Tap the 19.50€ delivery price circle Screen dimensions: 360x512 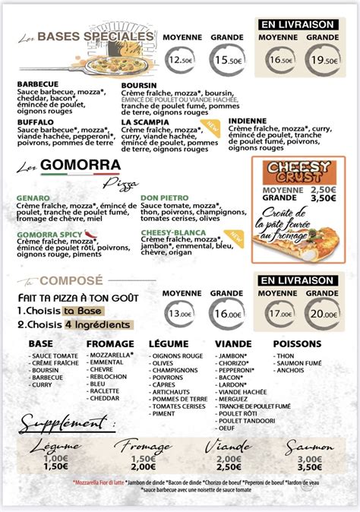click(323, 60)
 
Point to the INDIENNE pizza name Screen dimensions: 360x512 click(248, 120)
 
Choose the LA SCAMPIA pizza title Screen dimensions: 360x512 click(147, 122)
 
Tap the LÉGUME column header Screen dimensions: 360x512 click(168, 344)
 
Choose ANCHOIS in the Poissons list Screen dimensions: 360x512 click(291, 370)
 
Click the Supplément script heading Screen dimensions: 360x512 click(63, 422)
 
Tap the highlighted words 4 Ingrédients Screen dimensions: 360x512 click(99, 324)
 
